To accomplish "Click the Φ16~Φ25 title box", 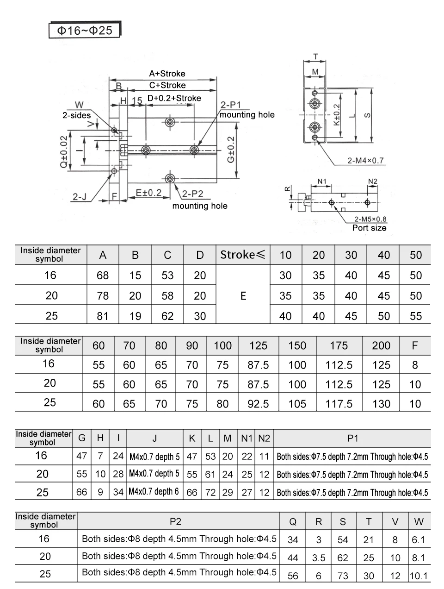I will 85,31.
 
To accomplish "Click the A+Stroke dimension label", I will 167,74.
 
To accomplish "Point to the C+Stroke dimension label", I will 167,85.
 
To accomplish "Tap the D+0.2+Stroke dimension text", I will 174,98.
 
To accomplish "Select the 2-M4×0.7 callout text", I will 365,161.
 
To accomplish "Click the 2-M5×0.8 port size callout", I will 370,219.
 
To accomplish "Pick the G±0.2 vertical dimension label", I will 230,149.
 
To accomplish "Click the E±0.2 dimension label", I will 148,193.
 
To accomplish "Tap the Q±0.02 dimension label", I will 64,152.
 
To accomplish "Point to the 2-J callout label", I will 79,197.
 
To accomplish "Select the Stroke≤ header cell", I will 243,255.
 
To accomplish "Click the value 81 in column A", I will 103,316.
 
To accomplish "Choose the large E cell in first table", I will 243,296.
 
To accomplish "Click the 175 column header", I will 339,345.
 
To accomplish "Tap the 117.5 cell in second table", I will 339,404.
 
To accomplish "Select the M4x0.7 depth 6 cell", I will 154,492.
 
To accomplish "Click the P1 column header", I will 352,438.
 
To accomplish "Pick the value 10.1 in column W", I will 419,576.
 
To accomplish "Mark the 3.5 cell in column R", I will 319,558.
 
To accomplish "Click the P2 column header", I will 175,522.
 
